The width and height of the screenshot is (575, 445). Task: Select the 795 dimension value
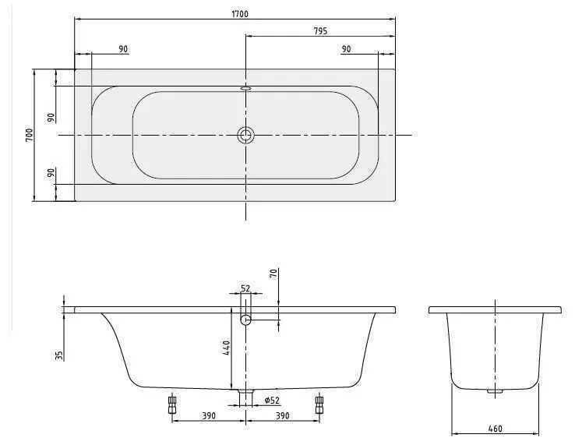pos(320,31)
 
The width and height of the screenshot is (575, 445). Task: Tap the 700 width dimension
pos(29,135)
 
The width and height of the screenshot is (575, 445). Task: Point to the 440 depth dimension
pos(226,348)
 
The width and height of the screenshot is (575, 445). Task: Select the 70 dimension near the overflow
pos(273,274)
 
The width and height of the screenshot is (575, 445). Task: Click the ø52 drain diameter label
pos(272,401)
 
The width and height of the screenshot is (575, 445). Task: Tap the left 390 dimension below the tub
pos(209,416)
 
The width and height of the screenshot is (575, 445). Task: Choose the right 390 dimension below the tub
pos(282,416)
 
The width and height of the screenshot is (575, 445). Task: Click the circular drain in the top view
pos(245,135)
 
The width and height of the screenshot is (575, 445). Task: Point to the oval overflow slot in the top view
pos(245,88)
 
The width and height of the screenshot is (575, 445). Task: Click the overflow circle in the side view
pos(245,320)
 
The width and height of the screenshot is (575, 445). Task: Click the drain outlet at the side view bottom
pos(245,397)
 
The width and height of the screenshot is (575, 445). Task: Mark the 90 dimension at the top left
pos(123,49)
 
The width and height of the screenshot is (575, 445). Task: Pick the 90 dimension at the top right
pos(346,49)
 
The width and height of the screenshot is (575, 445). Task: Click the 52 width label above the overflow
pos(245,288)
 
